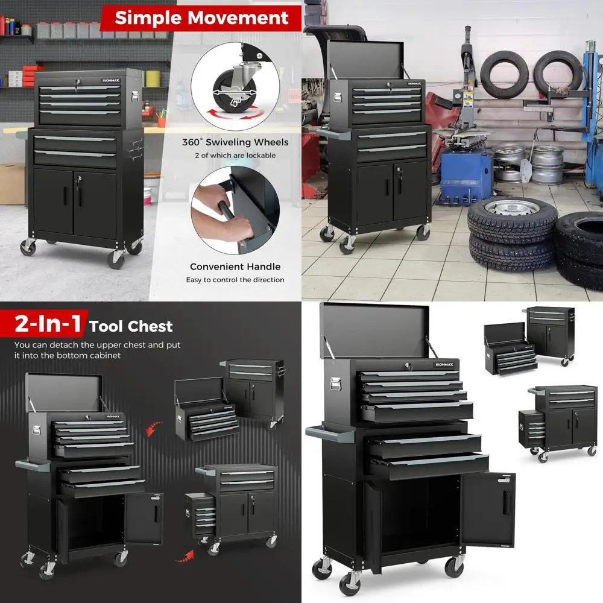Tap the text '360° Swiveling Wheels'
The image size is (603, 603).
point(235,143)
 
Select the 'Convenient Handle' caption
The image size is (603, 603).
point(235,267)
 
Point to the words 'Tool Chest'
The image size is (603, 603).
point(131,327)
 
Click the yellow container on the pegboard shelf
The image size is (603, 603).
point(153,78)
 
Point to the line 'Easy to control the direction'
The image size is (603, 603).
point(235,280)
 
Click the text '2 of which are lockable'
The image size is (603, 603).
point(235,156)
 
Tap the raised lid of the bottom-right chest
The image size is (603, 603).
point(374,329)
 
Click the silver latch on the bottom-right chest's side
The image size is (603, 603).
point(333,384)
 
